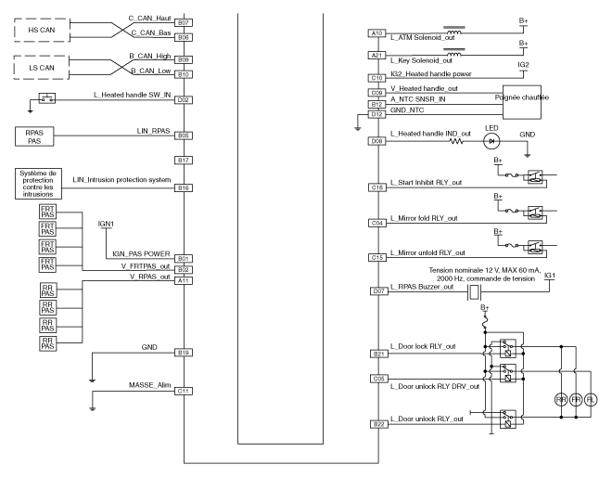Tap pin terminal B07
pyautogui.click(x=184, y=21)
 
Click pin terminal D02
pyautogui.click(x=184, y=99)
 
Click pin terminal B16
pyautogui.click(x=184, y=187)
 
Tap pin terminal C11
pyautogui.click(x=184, y=391)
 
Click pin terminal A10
pyautogui.click(x=377, y=33)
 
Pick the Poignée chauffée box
pyautogui.click(x=521, y=97)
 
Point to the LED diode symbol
pyautogui.click(x=491, y=141)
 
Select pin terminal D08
pyautogui.click(x=377, y=141)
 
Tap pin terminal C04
pyautogui.click(x=377, y=223)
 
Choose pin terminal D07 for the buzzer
pyautogui.click(x=377, y=291)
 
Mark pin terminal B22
pyautogui.click(x=377, y=423)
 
